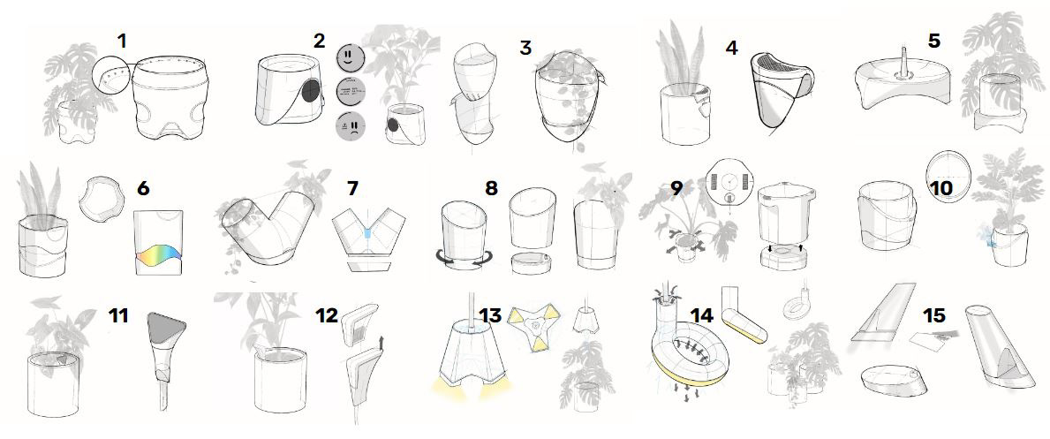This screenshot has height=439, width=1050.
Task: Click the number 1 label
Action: pos(121,41)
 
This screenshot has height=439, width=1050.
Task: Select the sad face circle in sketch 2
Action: pos(351,126)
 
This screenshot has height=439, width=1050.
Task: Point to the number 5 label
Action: pos(934,41)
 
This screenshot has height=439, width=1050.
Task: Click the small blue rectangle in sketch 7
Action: pos(366,232)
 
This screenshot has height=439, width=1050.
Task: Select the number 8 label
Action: pos(492,188)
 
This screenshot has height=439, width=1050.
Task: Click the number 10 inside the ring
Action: pos(941,189)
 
